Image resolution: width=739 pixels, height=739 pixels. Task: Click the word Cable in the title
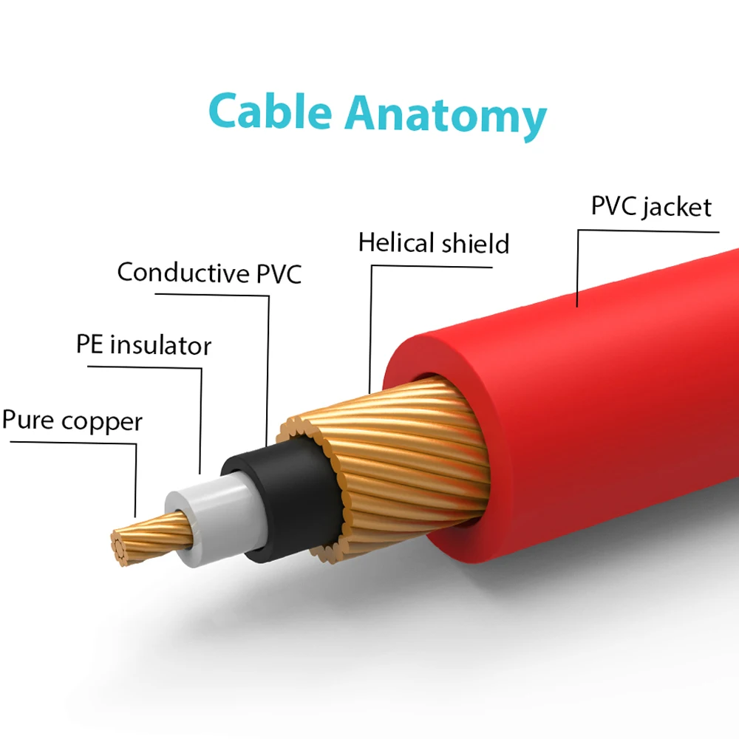click(270, 112)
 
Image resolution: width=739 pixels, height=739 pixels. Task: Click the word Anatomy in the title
click(446, 117)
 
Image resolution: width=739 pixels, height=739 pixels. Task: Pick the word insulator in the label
click(160, 345)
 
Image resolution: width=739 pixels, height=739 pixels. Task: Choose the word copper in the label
click(102, 422)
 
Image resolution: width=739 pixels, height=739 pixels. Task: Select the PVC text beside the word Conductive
click(279, 273)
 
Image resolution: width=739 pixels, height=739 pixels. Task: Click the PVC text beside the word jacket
click(613, 206)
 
